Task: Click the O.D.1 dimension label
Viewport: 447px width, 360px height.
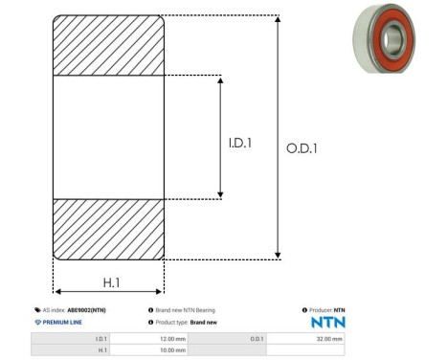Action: pos(302,148)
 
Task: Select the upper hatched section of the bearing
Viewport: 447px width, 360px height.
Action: pos(108,45)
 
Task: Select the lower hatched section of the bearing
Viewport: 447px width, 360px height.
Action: pos(108,229)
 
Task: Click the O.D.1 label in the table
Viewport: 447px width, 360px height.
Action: pos(256,338)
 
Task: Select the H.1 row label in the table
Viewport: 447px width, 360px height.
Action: pos(101,350)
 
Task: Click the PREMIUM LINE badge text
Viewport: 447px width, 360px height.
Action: pos(62,323)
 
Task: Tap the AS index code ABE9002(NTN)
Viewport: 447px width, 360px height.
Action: pos(86,310)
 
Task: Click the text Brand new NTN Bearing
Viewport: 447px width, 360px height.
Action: pos(186,310)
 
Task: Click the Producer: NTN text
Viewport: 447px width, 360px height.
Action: pos(326,310)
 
